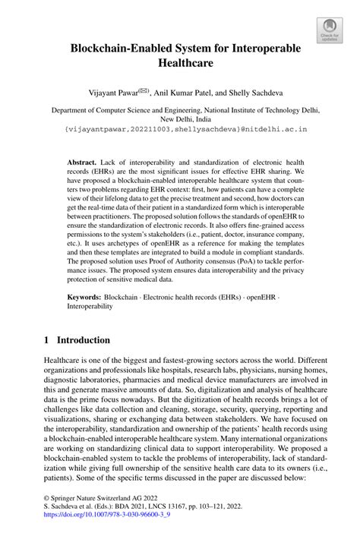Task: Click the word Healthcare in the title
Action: (180, 67)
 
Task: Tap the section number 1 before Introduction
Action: (47, 340)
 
